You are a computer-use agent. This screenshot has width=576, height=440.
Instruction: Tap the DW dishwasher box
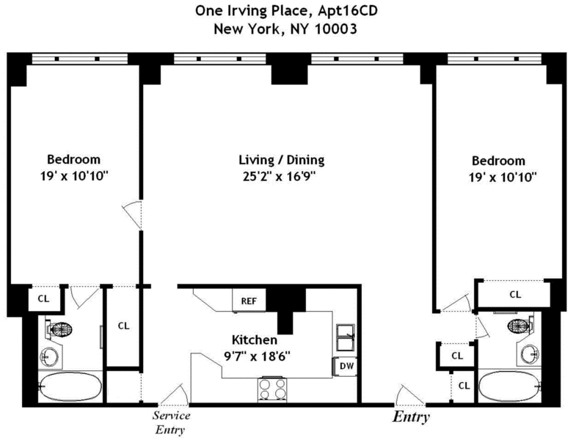coord(343,365)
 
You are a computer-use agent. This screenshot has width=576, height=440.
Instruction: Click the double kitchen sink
coord(345,339)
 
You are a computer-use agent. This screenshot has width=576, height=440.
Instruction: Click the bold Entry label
coord(411,418)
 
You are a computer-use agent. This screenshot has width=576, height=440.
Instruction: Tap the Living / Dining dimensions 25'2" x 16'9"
coord(282,176)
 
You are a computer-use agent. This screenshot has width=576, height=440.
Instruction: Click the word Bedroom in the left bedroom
coord(74,159)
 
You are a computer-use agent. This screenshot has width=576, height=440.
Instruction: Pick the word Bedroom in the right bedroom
coord(498,161)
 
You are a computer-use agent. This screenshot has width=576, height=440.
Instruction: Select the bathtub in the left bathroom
coord(62,385)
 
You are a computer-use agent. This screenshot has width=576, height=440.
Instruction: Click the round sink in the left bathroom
coord(49,358)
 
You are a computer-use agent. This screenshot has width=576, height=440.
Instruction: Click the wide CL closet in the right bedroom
coord(515,295)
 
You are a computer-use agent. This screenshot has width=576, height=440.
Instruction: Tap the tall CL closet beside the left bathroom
coord(123,326)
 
